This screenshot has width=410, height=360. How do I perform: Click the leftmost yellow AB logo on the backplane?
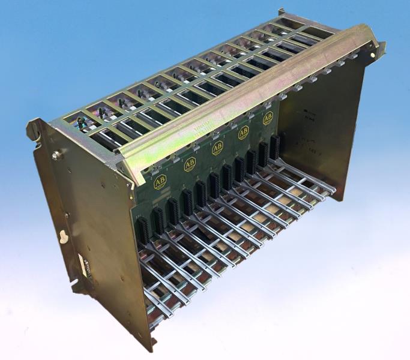click(160, 182)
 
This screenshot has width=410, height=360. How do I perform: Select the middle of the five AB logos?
click(217, 148)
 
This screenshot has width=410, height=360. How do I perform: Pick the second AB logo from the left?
click(190, 164)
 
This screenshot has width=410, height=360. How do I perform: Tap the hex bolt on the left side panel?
click(56, 155)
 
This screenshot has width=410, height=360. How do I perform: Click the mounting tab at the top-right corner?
click(380, 49)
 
